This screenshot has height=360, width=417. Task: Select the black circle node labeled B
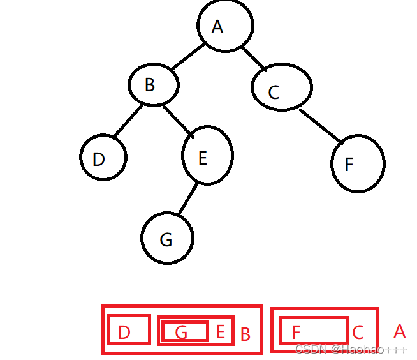pos(153,85)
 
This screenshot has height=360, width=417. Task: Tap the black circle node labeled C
pos(281,89)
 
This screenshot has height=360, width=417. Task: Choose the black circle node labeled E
pos(207,156)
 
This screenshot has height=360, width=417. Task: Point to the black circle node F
pos(358,163)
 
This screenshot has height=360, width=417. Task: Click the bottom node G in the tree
pos(166,238)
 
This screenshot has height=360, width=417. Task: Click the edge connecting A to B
pos(187,56)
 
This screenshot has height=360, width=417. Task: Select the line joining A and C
pos(254,58)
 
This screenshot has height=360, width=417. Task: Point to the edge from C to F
pos(321,126)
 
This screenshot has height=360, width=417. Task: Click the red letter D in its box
pos(124,333)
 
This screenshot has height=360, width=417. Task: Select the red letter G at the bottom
pos(181,333)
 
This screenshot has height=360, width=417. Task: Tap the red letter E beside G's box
pos(221,332)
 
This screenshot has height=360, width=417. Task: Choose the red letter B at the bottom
pos(245,334)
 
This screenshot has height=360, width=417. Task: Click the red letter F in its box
pos(296,333)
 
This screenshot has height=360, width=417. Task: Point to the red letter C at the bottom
pos(358,332)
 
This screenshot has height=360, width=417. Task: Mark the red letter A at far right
pos(399,331)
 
